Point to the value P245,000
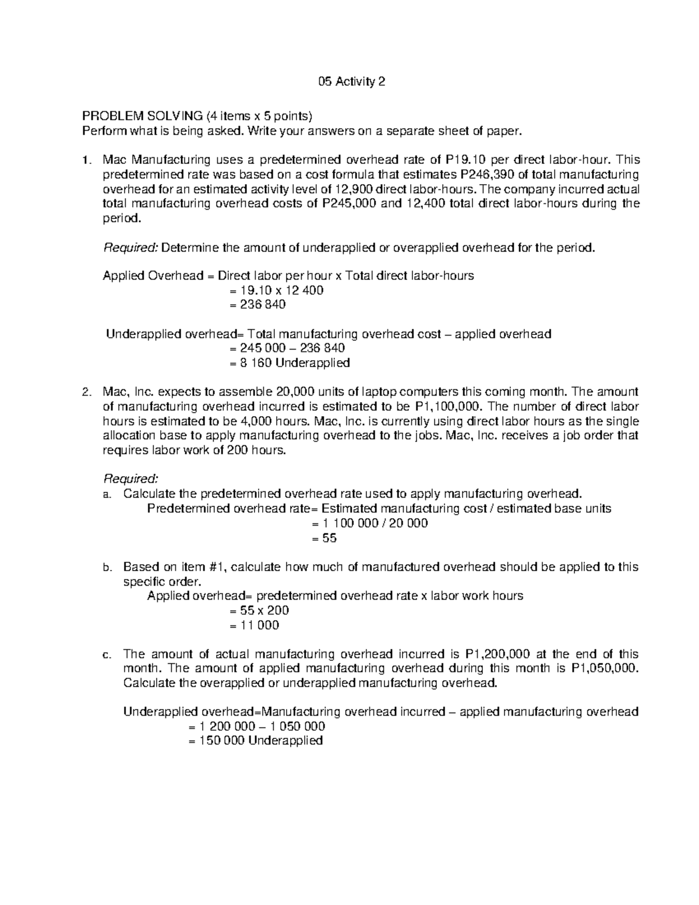349,203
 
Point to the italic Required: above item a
130,479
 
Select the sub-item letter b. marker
107,568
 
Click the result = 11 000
254,625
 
